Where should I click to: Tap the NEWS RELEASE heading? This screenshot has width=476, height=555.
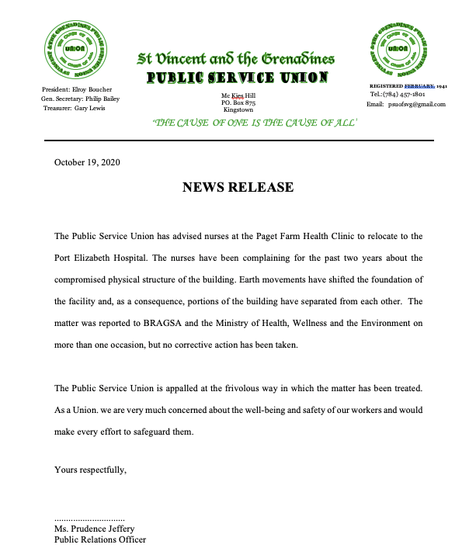tap(238, 187)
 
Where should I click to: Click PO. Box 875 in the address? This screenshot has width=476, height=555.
tap(238, 102)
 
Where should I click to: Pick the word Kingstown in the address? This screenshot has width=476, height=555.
tap(238, 110)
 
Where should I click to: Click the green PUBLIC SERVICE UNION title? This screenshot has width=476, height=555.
tap(238, 78)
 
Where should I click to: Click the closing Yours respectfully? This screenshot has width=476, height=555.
tap(90, 469)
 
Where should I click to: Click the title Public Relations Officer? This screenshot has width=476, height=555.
tap(100, 539)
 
